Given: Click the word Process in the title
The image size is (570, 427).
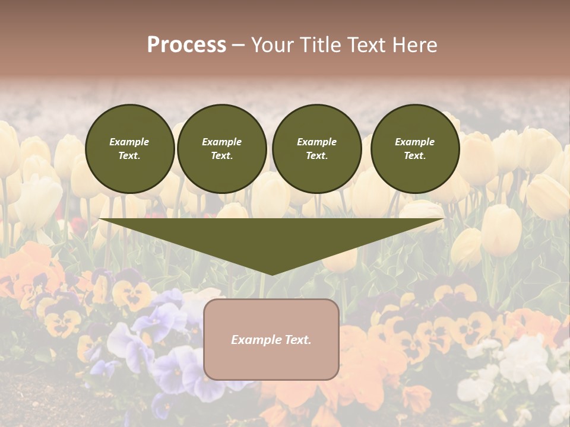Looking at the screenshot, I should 186,45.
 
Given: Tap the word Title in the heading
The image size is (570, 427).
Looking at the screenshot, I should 319,45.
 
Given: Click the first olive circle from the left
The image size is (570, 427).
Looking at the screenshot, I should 129,149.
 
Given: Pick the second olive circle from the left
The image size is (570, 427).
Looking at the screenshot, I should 221,149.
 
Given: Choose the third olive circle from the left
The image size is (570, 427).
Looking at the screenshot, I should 316,149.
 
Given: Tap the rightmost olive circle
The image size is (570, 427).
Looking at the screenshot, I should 414,149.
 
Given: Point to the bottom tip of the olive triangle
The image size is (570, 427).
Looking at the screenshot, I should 272,273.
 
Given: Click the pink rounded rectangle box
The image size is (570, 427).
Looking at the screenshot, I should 271,362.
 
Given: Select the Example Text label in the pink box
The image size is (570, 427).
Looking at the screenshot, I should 271,340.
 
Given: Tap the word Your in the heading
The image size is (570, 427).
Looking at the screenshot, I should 273,45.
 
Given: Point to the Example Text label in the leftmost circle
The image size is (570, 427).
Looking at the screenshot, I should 129,149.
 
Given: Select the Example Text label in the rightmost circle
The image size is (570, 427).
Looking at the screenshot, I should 414,149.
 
